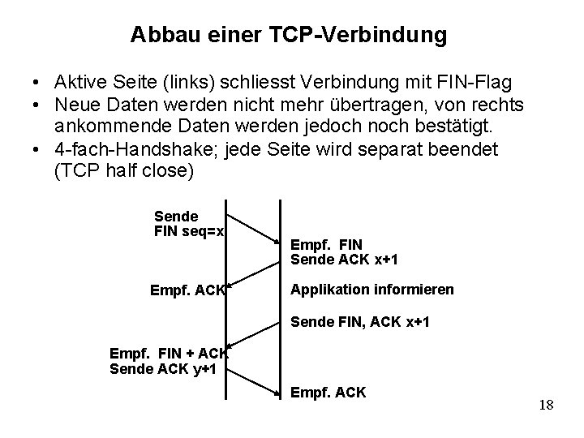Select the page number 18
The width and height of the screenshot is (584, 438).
545,405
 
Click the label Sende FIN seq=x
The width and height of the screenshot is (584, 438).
189,224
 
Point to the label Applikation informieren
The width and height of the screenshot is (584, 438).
371,290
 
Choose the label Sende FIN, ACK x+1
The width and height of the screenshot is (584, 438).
359,323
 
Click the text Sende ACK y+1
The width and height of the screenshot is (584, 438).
158,370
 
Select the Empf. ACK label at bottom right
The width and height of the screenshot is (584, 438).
328,393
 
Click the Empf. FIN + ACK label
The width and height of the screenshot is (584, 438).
169,354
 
